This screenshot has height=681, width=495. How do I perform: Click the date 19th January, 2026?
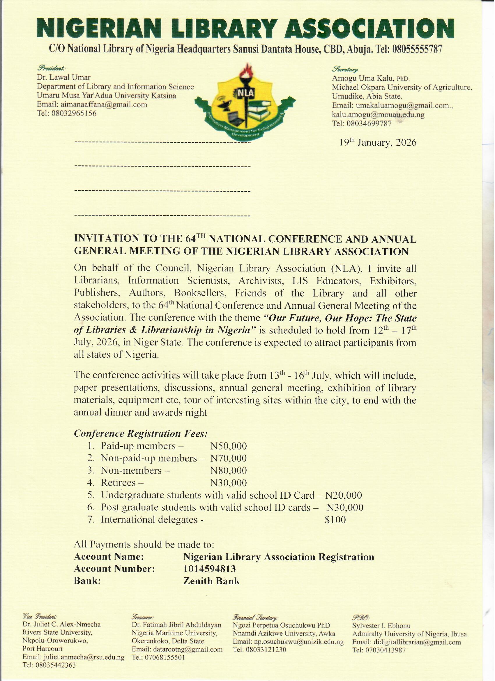378,142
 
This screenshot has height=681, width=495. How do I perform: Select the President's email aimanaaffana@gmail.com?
92,105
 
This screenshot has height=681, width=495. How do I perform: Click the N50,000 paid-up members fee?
229,446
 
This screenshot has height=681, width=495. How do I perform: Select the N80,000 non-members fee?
229,470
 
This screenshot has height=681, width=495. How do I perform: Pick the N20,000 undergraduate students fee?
343,495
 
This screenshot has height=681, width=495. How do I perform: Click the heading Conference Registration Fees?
140,434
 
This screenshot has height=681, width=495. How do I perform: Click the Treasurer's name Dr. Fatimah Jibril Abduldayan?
176,625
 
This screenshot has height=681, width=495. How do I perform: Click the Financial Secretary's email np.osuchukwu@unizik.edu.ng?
288,642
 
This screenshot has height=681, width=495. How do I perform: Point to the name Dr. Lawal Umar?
64,77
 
